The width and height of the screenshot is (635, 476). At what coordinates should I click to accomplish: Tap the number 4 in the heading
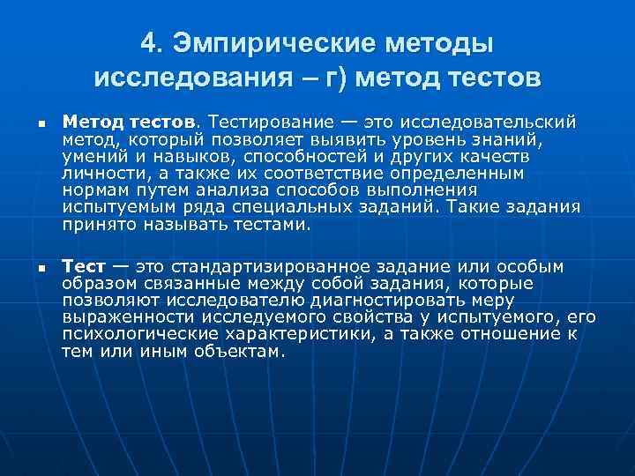point(151,42)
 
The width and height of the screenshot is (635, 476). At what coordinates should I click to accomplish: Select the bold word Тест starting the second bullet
point(83,267)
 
